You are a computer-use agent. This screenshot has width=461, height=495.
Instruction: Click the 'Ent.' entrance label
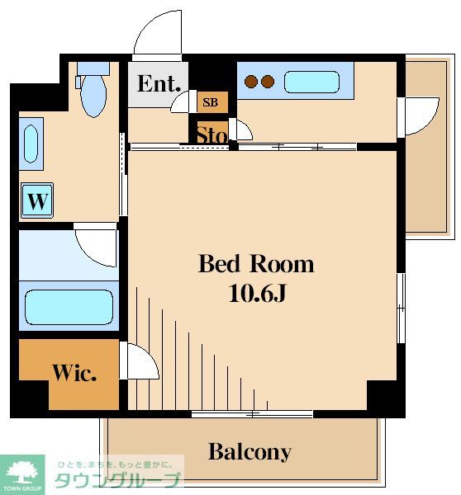point(158,84)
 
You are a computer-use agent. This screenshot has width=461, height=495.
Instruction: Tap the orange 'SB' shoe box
point(211,102)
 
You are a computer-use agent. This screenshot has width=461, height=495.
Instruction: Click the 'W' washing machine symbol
point(36,200)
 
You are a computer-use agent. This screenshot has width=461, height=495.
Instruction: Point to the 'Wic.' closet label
point(74,372)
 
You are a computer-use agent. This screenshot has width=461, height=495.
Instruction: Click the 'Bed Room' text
point(256,264)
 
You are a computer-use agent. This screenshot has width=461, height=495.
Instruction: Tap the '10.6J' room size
point(256,293)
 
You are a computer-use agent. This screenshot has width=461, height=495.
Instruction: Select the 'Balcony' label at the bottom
point(250,452)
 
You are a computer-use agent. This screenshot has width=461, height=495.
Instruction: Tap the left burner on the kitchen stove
point(251,82)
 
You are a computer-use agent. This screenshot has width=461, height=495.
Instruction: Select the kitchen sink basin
point(311,82)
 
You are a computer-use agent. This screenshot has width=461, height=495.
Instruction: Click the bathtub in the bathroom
point(68,307)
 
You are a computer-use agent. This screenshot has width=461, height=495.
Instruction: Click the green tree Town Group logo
point(22,472)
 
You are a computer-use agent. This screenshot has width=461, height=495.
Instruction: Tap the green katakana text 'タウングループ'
point(116,482)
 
